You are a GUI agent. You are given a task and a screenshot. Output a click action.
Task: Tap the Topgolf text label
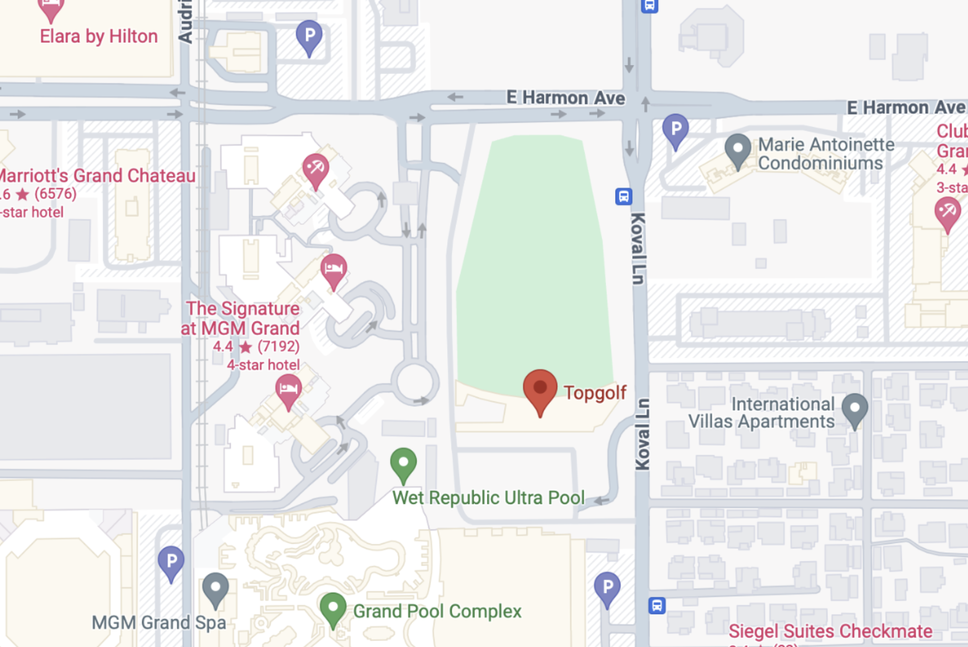point(595,393)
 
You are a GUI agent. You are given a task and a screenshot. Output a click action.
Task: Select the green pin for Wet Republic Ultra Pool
point(403,463)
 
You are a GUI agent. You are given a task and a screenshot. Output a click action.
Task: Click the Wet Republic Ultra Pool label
point(488,497)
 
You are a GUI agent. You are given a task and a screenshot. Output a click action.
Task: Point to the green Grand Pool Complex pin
point(333,609)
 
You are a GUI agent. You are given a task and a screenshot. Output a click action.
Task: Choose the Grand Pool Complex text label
point(437,611)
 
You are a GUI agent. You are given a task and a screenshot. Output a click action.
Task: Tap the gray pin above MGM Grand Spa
point(215,589)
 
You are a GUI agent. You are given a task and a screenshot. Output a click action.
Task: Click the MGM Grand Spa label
point(159,622)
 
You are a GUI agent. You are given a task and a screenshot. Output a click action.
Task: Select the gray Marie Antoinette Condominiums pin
point(738,149)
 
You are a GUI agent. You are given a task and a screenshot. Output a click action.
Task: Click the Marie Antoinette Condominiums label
point(825,154)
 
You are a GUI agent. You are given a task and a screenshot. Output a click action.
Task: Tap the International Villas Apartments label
point(761,413)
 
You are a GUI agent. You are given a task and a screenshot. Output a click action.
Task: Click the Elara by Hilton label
point(99,36)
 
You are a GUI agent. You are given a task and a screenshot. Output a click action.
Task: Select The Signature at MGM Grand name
point(241,318)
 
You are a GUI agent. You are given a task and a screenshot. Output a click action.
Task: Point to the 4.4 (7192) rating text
point(256,346)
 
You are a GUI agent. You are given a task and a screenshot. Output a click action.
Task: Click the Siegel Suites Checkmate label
point(830,631)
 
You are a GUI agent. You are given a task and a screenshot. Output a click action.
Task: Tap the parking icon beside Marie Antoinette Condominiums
point(675,129)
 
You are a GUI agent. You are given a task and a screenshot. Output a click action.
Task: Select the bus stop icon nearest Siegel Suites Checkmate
point(657,606)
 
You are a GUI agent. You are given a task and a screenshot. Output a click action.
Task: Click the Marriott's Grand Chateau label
point(97,175)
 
